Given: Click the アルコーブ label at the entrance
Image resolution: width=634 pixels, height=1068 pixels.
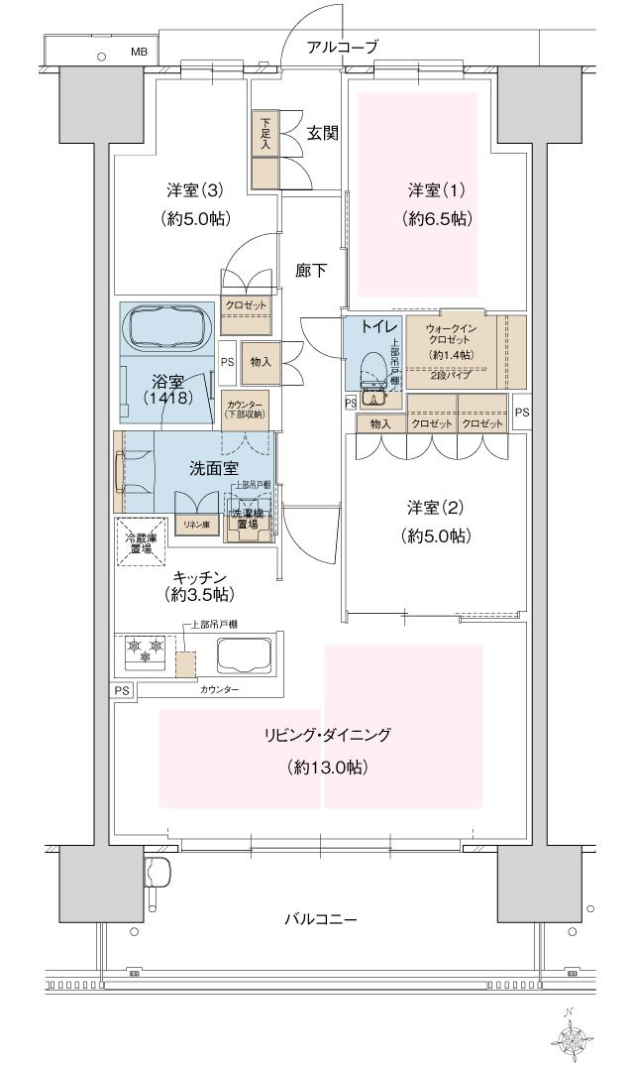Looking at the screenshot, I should tap(342, 47).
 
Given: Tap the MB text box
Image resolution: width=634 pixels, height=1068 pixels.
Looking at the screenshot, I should tap(138, 52).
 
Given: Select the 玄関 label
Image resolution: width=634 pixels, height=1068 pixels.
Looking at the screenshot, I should tap(322, 132).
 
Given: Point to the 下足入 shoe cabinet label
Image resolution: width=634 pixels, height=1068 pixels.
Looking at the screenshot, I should tap(264, 134).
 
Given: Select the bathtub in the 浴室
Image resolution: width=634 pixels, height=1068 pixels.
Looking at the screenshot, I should tap(166, 325).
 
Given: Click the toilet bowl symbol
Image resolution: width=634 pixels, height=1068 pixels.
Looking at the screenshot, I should tap(374, 371).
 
